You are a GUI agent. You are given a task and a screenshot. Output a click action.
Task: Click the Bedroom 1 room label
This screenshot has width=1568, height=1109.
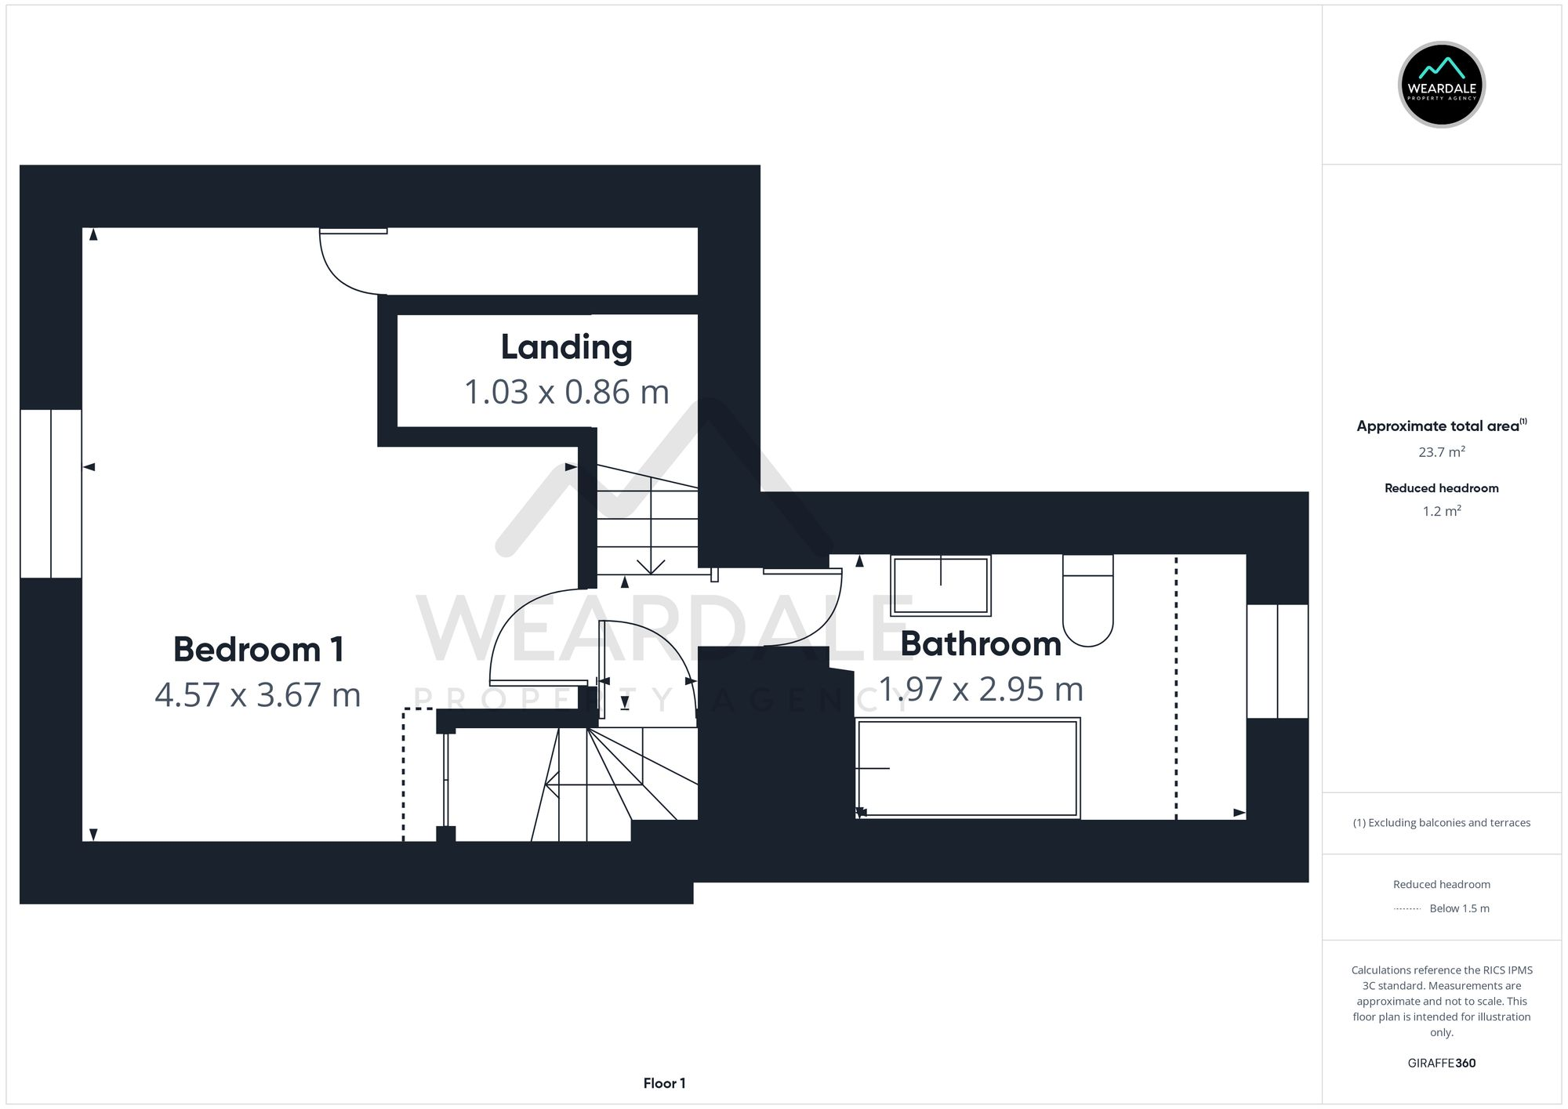258,650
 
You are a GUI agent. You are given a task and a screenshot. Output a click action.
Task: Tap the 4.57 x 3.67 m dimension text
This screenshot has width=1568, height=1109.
258,695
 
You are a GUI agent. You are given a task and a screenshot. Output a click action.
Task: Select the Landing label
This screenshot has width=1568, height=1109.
566,347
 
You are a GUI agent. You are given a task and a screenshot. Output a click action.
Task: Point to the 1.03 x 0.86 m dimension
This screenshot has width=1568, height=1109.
566,392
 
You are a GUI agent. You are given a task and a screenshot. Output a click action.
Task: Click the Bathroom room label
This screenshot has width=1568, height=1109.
980,644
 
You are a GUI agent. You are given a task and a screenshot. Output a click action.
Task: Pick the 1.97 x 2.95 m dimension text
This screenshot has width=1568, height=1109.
980,690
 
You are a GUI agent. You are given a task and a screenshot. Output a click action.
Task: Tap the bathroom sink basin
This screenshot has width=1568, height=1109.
941,585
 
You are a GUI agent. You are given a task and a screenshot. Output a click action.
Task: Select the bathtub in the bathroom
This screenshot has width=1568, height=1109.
967,768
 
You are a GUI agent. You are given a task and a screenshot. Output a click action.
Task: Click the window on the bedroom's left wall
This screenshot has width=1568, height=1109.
51,494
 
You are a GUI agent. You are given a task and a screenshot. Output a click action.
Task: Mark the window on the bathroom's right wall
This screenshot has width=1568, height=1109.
1277,661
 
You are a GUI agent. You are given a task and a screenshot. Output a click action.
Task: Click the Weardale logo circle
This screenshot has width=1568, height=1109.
1441,85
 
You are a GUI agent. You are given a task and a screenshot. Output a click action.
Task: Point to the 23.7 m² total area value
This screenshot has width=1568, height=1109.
1441,452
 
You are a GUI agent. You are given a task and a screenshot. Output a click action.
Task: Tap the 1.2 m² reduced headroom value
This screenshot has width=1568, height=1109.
1441,511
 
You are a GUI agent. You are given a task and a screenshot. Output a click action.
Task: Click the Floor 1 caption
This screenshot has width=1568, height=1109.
664,1083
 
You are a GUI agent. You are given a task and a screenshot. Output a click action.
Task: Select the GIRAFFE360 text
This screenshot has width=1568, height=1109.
1441,1063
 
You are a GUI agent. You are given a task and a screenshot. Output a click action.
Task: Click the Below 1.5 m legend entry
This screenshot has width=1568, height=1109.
1458,908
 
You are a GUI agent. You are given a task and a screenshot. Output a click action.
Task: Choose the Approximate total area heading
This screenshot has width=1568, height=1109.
1439,426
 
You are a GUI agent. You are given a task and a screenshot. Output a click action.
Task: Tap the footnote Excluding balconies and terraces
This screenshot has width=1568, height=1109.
1441,823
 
